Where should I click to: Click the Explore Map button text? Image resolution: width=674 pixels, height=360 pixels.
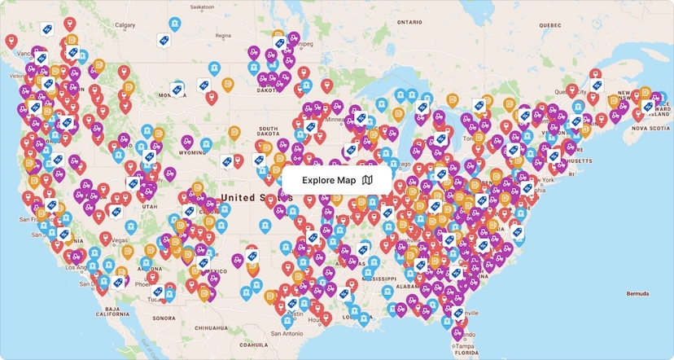click(x=329, y=181)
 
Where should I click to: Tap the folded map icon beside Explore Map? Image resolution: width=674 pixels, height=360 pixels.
click(x=368, y=181)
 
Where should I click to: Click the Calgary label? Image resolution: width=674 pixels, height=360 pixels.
click(x=125, y=25)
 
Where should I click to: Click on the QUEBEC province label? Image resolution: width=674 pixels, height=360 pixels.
click(x=550, y=25)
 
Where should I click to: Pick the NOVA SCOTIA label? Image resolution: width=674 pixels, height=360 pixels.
click(x=651, y=128)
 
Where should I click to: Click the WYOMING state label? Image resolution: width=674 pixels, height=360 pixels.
click(x=193, y=152)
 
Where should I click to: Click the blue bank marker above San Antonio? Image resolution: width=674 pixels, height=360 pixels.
click(x=286, y=319)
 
